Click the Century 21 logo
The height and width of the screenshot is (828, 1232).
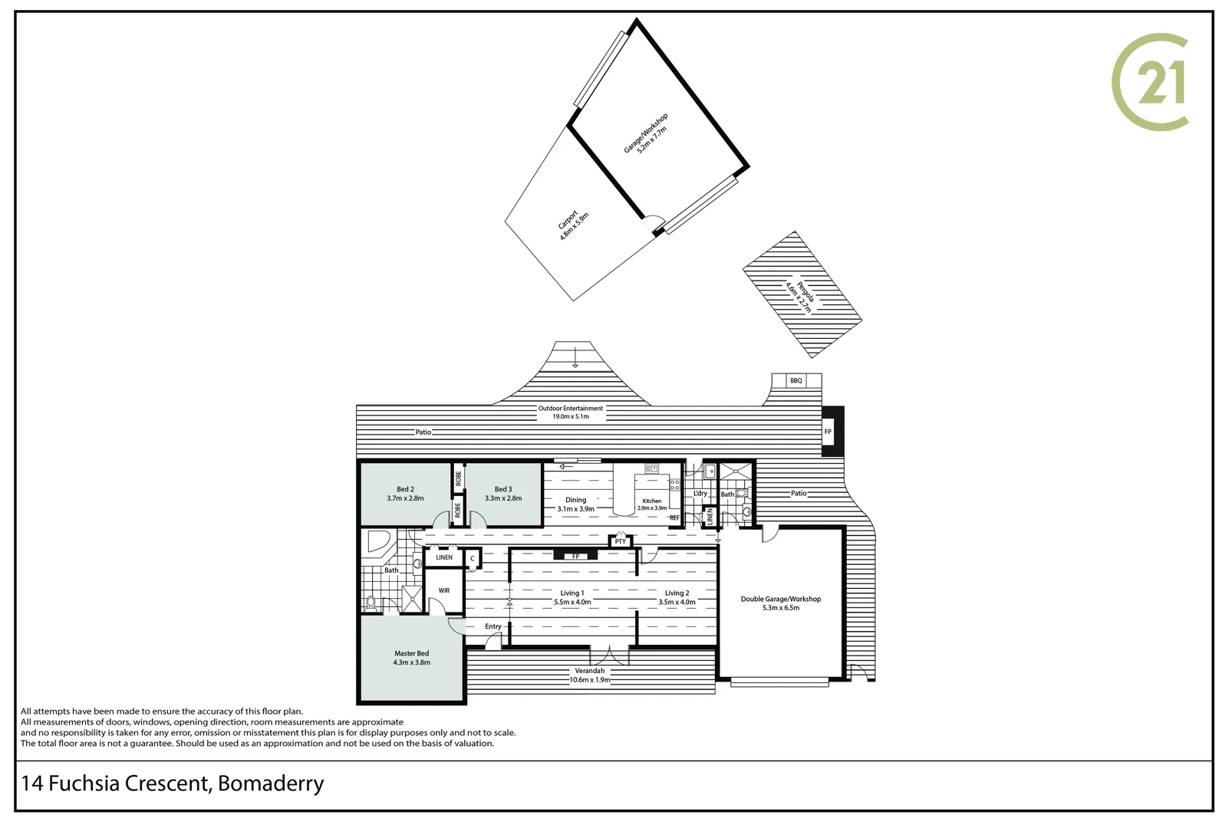tap(1149, 82)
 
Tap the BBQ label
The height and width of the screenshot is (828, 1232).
tap(796, 380)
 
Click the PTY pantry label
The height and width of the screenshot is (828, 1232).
tap(621, 541)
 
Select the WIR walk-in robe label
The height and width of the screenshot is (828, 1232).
tap(444, 590)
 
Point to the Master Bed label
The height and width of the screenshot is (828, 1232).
tap(411, 653)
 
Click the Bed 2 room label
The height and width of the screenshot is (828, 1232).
tap(405, 489)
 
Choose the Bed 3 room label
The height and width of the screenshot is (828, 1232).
tap(503, 489)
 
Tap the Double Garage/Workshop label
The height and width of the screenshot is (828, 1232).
tap(780, 599)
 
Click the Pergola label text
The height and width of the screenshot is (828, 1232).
tap(805, 292)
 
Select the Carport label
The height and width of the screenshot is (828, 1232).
tap(568, 219)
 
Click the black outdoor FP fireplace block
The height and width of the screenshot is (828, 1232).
tap(832, 431)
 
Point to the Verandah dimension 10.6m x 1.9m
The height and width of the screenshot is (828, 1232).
tap(590, 679)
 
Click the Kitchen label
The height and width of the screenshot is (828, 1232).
tap(652, 501)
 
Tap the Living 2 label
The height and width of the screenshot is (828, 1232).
tap(677, 593)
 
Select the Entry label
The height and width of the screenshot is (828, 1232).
tap(492, 626)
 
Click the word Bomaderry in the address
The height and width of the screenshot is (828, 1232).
tap(271, 784)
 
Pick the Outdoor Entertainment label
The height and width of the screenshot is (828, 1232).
tap(570, 408)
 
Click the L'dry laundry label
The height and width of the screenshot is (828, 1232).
tap(700, 493)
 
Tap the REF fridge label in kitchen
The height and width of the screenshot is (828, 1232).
tap(674, 517)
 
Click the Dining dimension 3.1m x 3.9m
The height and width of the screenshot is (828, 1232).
tap(576, 509)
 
